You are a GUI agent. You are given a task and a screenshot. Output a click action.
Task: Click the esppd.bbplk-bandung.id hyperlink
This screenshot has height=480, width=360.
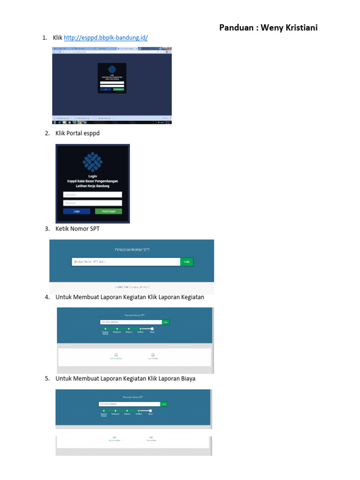tap(105, 37)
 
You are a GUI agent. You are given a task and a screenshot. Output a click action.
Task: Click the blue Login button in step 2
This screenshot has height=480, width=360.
tap(76, 211)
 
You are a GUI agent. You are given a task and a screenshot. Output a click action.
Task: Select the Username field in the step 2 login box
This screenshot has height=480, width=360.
tap(92, 195)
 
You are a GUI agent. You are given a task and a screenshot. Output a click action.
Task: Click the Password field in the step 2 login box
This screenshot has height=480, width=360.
tap(92, 203)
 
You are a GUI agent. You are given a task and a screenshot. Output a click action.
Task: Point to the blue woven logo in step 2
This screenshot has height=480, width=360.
tap(92, 161)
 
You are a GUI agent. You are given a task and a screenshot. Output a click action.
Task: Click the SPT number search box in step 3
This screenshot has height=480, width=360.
tap(126, 262)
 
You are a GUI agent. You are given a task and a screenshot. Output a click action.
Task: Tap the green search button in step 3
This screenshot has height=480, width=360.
tap(187, 262)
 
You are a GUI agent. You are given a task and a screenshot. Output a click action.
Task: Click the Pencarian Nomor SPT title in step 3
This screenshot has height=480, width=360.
tap(132, 250)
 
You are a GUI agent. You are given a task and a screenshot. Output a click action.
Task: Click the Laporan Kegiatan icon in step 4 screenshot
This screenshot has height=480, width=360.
tap(116, 355)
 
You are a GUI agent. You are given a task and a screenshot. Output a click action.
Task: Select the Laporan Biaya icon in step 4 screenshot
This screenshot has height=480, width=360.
tap(153, 355)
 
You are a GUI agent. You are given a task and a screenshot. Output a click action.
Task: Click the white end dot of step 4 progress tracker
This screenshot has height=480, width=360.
tap(152, 329)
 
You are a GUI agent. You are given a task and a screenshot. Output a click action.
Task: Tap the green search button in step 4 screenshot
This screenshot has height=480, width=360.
tap(165, 322)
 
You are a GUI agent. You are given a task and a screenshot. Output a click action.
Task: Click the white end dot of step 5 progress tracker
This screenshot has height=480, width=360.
tap(150, 411)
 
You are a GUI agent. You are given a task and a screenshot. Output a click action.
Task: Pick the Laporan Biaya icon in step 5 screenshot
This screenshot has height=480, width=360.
tap(151, 437)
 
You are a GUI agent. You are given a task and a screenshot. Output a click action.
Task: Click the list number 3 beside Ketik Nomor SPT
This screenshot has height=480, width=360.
tap(47, 229)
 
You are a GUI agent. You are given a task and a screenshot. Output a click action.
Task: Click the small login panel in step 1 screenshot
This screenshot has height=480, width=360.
tap(112, 77)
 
